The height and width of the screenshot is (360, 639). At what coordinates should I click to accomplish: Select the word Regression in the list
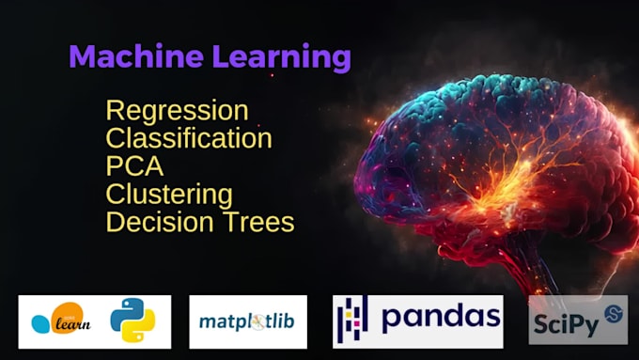(177, 111)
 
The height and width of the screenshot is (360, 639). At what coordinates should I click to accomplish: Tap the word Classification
(189, 139)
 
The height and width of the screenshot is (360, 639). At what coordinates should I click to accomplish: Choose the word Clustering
(169, 195)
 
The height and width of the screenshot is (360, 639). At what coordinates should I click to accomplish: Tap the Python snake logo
(132, 321)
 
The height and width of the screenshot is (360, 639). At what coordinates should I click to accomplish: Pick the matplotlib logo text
(246, 321)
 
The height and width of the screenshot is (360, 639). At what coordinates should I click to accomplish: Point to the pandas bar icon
(352, 320)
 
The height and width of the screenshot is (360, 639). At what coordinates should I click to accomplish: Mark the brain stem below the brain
(526, 273)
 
